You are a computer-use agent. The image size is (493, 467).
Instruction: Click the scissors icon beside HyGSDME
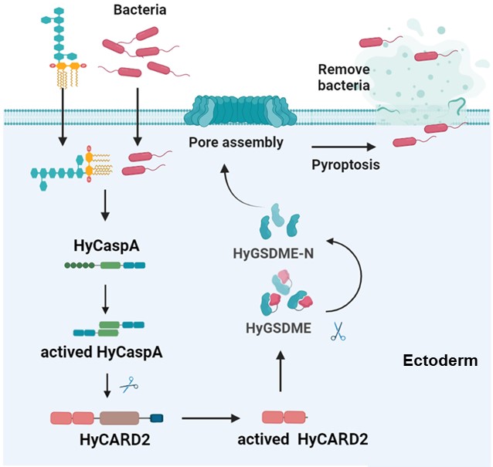337,333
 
